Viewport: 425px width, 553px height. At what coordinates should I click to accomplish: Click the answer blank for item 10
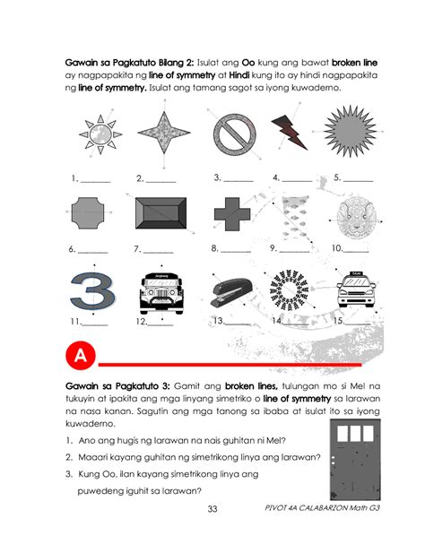point(359,248)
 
